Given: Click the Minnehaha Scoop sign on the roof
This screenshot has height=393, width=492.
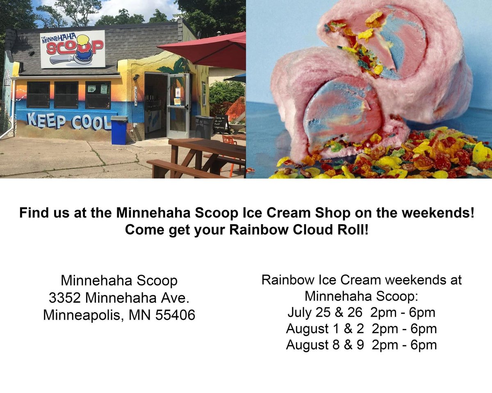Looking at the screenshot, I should (x=72, y=49).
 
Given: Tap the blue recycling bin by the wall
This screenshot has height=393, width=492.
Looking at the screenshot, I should (x=119, y=130).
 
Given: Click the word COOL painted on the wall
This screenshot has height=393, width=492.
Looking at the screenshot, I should (x=91, y=122).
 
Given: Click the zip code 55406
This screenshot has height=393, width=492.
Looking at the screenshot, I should (x=175, y=315).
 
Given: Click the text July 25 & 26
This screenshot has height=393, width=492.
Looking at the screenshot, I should (x=325, y=313).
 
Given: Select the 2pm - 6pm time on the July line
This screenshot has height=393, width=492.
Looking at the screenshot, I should (x=402, y=313).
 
